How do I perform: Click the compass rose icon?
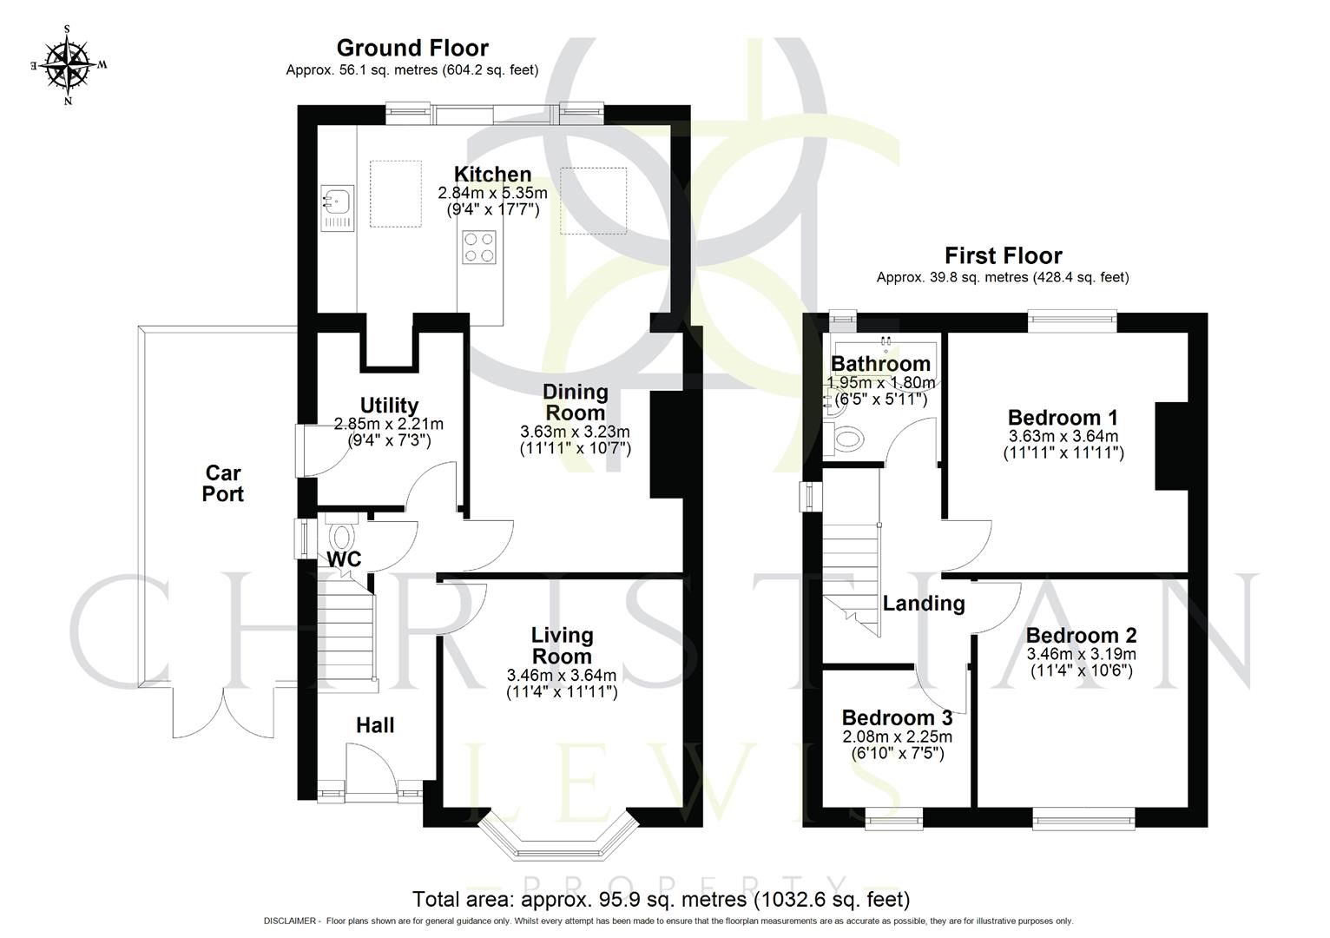tap(68, 64)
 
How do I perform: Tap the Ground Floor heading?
tap(412, 48)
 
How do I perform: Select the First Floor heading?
tap(1003, 255)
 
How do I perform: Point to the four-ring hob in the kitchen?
tap(479, 246)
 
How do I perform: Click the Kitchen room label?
tap(492, 174)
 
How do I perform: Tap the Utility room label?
tap(389, 406)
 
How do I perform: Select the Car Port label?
tap(223, 484)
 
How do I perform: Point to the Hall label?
tap(375, 725)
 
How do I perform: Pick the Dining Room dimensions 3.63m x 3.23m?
tap(575, 432)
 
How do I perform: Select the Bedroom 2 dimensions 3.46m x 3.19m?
tap(1081, 654)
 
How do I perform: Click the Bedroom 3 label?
tap(897, 718)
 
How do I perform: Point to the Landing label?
tap(924, 603)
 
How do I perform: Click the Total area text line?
tap(661, 899)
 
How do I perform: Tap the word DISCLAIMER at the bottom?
tap(292, 921)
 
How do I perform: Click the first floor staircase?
tap(851, 565)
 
